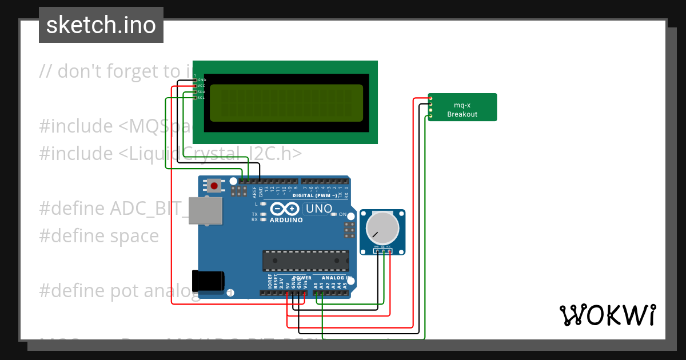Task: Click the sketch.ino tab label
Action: [101, 25]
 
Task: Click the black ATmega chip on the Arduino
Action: [305, 261]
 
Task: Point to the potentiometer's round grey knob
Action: [382, 227]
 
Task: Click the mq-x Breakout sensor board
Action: [462, 107]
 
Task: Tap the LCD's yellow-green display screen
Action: [286, 103]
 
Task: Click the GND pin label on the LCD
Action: [202, 80]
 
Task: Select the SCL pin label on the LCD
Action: [202, 98]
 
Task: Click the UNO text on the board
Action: [319, 209]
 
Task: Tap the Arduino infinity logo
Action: [285, 209]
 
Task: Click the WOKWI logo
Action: [607, 315]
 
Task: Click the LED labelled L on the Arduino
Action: [263, 204]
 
